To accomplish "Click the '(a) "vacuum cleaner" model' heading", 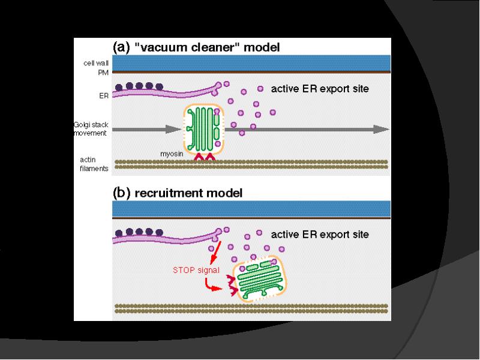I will pyautogui.click(x=196, y=46).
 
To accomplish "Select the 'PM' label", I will pyautogui.click(x=102, y=72).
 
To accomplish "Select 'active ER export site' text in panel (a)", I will pyautogui.click(x=320, y=89).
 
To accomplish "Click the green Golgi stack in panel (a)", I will pyautogui.click(x=204, y=129).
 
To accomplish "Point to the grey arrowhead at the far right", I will pyautogui.click(x=380, y=129).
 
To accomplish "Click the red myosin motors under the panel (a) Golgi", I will pyautogui.click(x=205, y=157).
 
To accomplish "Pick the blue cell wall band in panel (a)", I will pyautogui.click(x=252, y=62).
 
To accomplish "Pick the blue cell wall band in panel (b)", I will pyautogui.click(x=252, y=209).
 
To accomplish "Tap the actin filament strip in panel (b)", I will pyautogui.click(x=252, y=309).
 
